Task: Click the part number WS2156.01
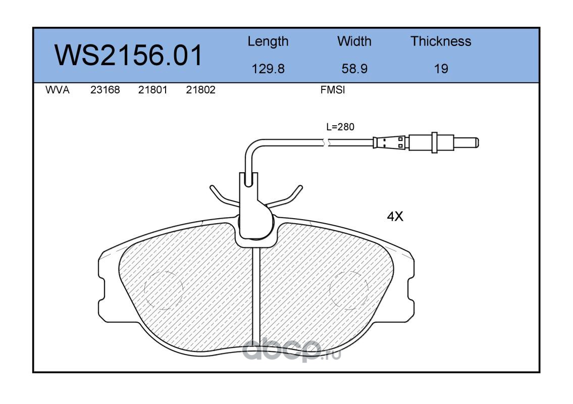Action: pyautogui.click(x=128, y=55)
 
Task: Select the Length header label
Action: pyautogui.click(x=268, y=42)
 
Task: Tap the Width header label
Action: pyautogui.click(x=354, y=41)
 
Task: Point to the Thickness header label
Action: pyautogui.click(x=441, y=41)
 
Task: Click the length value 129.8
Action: pyautogui.click(x=268, y=69)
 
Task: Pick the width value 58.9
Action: pyautogui.click(x=354, y=69)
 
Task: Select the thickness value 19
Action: pyautogui.click(x=441, y=69)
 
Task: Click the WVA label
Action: pyautogui.click(x=58, y=90)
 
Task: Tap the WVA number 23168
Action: pyautogui.click(x=105, y=90)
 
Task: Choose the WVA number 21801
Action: pyautogui.click(x=153, y=90)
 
